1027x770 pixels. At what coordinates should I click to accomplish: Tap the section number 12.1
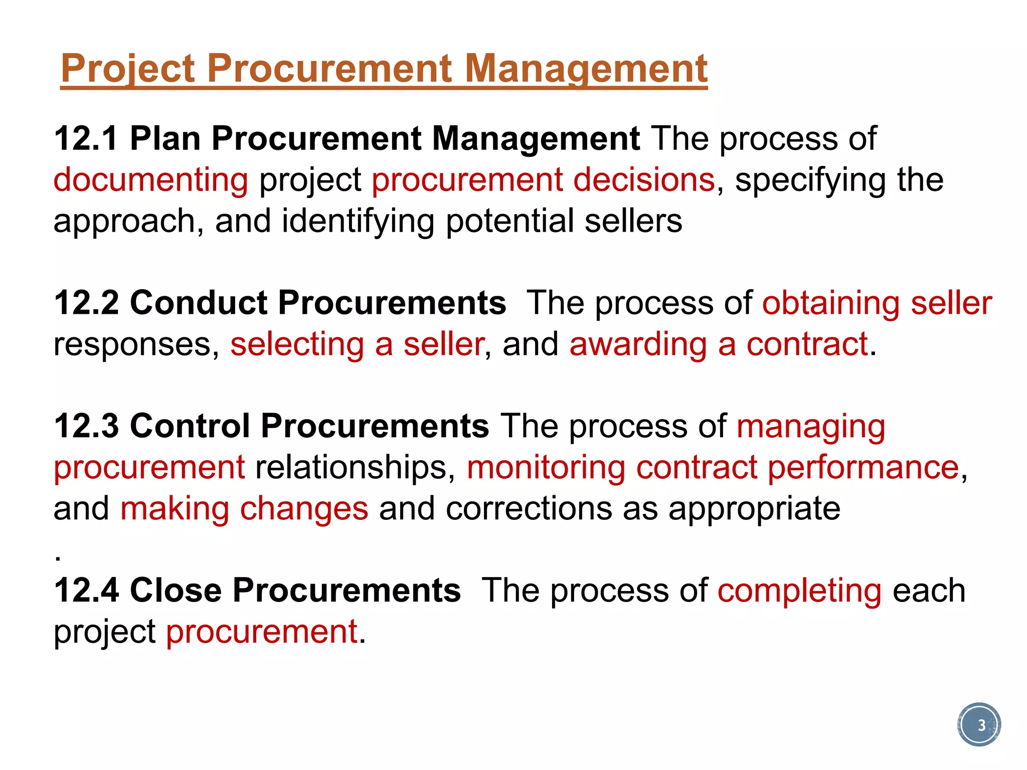pyautogui.click(x=86, y=138)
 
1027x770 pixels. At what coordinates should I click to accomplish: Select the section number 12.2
pyautogui.click(x=86, y=303)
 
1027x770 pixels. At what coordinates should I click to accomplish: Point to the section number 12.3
pyautogui.click(x=86, y=426)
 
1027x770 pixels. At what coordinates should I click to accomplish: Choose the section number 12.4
pyautogui.click(x=86, y=590)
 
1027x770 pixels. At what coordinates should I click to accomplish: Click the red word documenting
pyautogui.click(x=150, y=180)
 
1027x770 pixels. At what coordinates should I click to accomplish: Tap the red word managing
pyautogui.click(x=811, y=427)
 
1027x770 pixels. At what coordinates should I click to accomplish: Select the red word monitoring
pyautogui.click(x=546, y=468)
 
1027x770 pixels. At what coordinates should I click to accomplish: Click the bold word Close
pyautogui.click(x=176, y=590)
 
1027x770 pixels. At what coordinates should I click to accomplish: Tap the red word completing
pyautogui.click(x=799, y=591)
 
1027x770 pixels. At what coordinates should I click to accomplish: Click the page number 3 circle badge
pyautogui.click(x=979, y=724)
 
